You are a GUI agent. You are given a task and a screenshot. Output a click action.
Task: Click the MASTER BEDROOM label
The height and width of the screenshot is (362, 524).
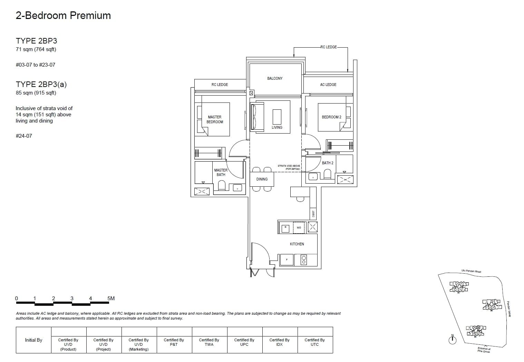pos(215,119)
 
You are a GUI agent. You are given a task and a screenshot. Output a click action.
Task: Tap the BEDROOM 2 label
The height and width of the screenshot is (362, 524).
pos(331,117)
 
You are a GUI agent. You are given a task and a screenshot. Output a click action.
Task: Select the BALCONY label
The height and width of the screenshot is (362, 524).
pos(275,78)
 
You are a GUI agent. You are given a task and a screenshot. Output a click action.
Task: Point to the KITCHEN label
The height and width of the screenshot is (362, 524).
pos(297,244)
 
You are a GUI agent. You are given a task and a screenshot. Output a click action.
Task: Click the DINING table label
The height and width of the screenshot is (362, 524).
pos(262,179)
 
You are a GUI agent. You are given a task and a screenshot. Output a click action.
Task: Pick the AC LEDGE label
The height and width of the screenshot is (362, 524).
pos(328,85)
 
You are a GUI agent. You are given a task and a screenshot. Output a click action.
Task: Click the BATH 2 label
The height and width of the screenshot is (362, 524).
pos(328,163)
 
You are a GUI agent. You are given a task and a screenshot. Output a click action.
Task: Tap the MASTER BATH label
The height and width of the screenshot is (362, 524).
pos(221,172)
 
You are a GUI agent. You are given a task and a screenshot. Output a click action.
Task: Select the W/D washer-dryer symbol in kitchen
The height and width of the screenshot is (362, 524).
pos(299,227)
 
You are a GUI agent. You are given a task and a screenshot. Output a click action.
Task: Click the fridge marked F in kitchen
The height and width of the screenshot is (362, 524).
pos(287,260)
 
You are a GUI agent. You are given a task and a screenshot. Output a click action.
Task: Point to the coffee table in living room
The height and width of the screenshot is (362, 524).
pos(277,117)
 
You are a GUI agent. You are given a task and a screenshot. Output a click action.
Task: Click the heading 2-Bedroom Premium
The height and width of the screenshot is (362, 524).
pos(63,16)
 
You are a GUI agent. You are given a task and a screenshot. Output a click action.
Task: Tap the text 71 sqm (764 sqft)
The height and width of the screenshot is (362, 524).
pos(36,49)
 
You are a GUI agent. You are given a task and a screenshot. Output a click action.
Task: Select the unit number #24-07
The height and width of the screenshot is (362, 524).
pos(24,136)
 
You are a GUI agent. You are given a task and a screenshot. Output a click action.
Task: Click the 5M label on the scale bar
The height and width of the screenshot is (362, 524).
pos(111,299)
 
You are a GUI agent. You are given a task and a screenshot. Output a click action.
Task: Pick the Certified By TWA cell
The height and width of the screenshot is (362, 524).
pos(209,342)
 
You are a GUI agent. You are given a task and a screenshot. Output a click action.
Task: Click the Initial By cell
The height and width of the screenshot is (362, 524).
pos(33,340)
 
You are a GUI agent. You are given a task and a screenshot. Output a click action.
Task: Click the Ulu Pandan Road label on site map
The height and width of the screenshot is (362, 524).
pos(471,271)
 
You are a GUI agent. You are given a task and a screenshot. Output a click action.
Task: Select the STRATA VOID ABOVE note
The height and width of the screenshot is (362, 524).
pos(289,167)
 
